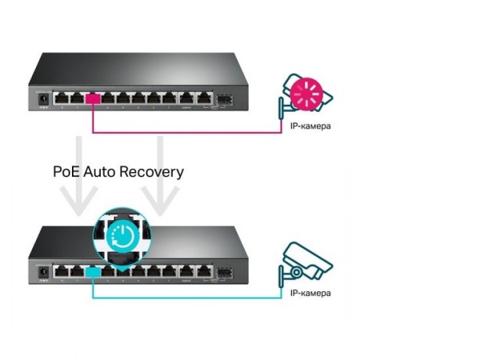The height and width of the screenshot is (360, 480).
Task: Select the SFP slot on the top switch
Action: [226, 100]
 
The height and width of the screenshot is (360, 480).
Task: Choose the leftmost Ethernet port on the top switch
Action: [62, 99]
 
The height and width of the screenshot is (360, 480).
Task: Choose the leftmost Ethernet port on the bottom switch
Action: [62, 271]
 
